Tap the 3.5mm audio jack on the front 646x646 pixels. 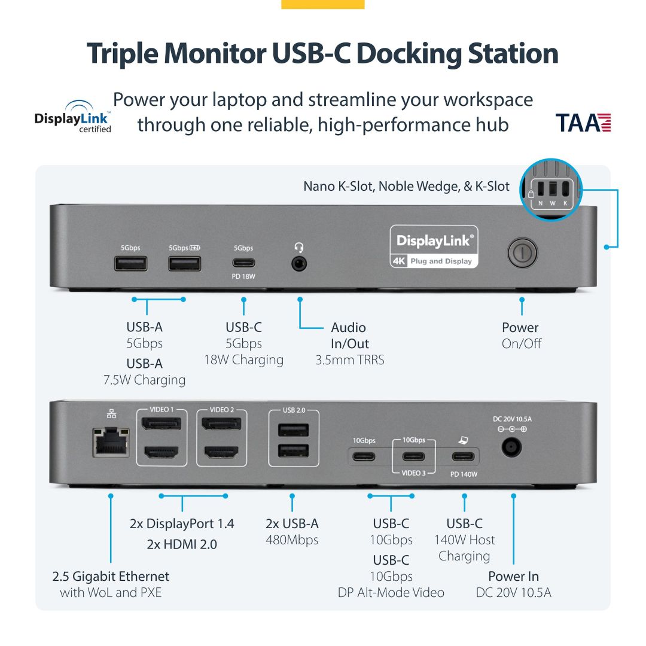click(x=299, y=263)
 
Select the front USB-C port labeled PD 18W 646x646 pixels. click(x=243, y=263)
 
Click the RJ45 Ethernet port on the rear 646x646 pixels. click(x=111, y=442)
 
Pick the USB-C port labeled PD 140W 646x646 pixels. click(x=464, y=457)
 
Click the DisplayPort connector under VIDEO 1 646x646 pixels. click(x=161, y=425)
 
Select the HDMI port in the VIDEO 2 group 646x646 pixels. click(x=221, y=453)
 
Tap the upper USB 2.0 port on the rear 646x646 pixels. click(x=293, y=431)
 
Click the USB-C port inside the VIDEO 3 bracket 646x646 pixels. click(x=413, y=457)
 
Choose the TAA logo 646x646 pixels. click(x=584, y=122)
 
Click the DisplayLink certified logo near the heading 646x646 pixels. click(x=73, y=117)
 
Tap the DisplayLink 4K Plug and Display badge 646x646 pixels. click(x=434, y=246)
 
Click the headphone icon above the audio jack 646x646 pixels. click(x=299, y=247)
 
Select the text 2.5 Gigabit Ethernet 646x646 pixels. click(x=111, y=576)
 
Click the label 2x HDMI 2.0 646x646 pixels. click(x=182, y=544)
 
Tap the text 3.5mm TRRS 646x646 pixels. click(x=350, y=359)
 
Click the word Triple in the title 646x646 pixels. click(x=123, y=54)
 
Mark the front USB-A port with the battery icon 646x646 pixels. click(x=184, y=263)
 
